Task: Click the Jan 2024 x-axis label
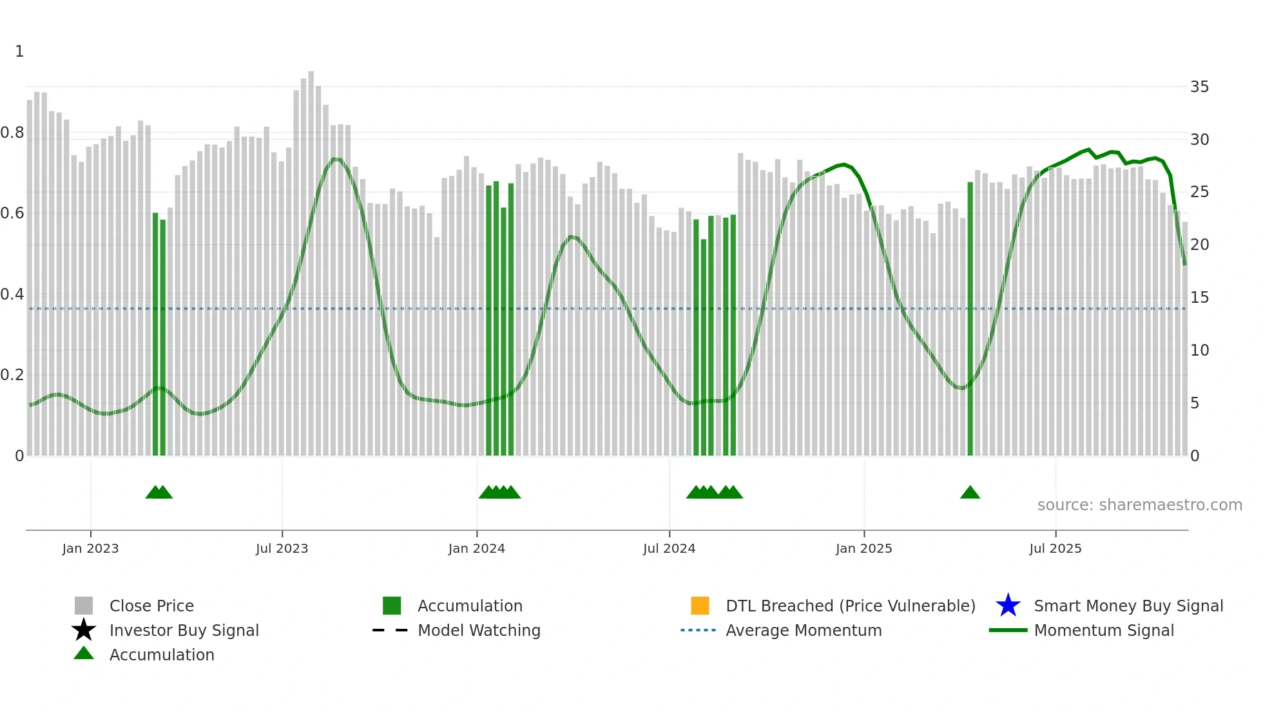pos(476,548)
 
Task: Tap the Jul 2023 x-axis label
pos(282,548)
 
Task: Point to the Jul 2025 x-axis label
pos(1055,548)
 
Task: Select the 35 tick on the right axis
pos(1199,87)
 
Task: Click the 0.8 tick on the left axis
pos(12,133)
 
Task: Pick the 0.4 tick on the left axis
pos(12,294)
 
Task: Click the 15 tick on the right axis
pos(1199,298)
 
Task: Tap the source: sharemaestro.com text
pos(1139,505)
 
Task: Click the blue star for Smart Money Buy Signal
pos(1008,606)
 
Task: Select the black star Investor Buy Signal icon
pos(84,630)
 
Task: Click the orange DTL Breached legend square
pos(700,606)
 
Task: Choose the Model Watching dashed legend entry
pos(390,630)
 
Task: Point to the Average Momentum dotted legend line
pos(698,630)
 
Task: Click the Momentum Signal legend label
pos(1103,630)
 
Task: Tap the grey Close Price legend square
pos(84,606)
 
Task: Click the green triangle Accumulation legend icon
pos(84,653)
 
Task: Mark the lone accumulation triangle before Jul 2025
pos(970,493)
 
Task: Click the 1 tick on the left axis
pos(19,52)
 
